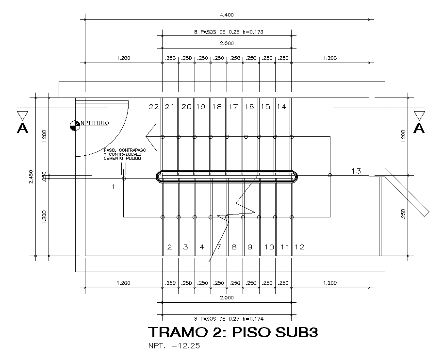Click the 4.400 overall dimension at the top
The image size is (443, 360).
point(227,15)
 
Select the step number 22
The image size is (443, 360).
point(154,107)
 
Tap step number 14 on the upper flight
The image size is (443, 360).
point(281,107)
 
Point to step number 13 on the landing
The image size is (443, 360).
point(356,170)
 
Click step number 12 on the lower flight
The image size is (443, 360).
point(299,247)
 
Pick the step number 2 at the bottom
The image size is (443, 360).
point(169,247)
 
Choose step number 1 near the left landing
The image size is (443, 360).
point(113,187)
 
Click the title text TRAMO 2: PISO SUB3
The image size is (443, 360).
point(233,333)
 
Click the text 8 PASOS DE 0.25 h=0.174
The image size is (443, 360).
point(228,319)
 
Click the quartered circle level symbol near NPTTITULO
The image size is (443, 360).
point(74,125)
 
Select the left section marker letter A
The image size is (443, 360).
point(22,128)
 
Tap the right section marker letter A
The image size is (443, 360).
point(419,128)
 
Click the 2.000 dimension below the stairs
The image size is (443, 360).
point(227,297)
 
